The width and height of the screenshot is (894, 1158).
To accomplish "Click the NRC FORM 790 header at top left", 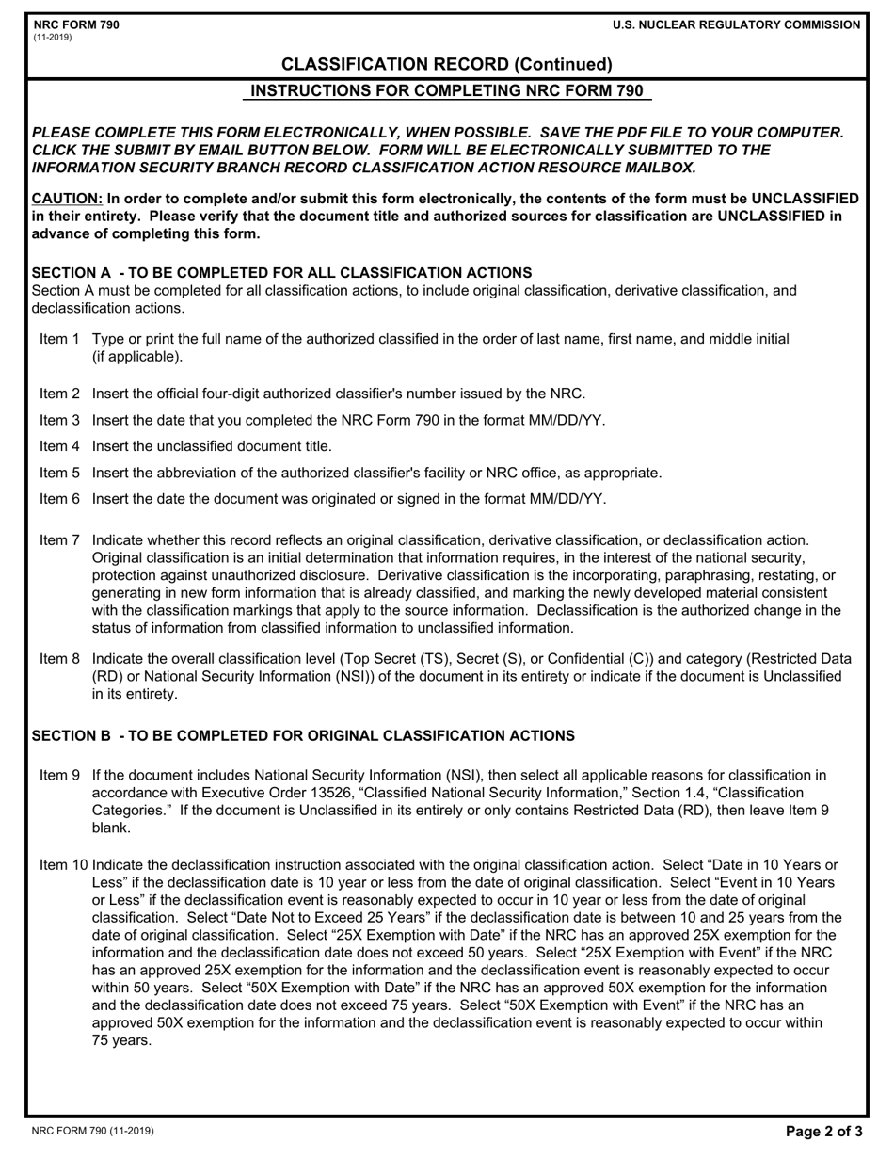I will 76,24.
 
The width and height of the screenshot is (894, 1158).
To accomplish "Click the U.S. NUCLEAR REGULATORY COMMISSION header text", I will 735,24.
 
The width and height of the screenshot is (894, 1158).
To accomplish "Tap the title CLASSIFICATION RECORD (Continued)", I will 447,64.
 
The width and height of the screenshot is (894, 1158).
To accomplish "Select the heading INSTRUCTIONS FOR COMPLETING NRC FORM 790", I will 447,91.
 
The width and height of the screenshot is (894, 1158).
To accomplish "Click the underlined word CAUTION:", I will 67,199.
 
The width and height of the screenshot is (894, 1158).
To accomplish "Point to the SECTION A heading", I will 281,272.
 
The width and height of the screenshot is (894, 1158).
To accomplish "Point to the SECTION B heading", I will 303,735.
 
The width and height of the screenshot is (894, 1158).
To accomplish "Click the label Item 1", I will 59,339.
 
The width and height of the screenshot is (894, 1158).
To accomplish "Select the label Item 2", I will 59,394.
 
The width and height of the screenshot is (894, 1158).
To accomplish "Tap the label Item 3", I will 59,420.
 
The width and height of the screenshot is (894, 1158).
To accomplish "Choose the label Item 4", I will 59,446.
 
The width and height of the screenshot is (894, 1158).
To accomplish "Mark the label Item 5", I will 59,473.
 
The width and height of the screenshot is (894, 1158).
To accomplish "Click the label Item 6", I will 59,499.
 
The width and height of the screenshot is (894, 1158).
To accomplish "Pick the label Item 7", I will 59,540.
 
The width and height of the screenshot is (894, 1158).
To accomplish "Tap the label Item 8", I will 59,659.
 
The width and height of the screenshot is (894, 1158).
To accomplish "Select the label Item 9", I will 59,776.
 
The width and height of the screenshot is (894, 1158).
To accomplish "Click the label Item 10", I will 63,865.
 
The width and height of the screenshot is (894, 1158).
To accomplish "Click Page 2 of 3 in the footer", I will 823,1133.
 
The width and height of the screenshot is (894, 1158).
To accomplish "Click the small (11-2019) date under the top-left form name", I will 52,38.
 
